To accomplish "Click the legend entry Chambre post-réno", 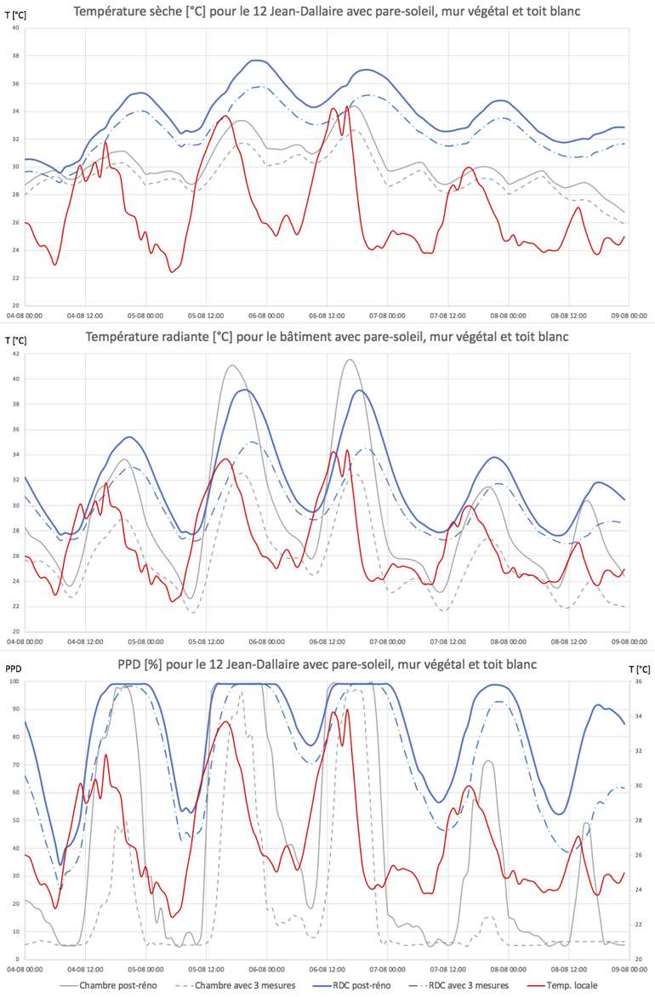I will (x=111, y=985).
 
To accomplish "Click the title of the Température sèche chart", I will (x=338, y=11).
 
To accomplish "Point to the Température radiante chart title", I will (x=338, y=336).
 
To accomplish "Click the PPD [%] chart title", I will (x=338, y=664).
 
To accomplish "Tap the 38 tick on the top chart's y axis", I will (x=15, y=55).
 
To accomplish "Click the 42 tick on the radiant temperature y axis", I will (x=15, y=353).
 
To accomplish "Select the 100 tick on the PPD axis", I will (x=14, y=681).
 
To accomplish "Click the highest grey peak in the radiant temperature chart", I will (x=349, y=359).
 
